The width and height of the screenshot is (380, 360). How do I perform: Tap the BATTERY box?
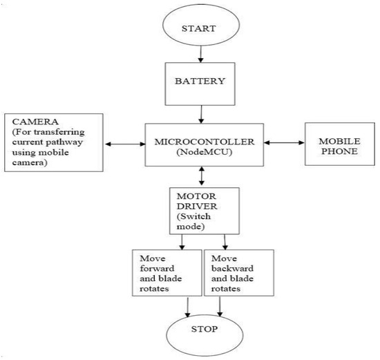(200, 80)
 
